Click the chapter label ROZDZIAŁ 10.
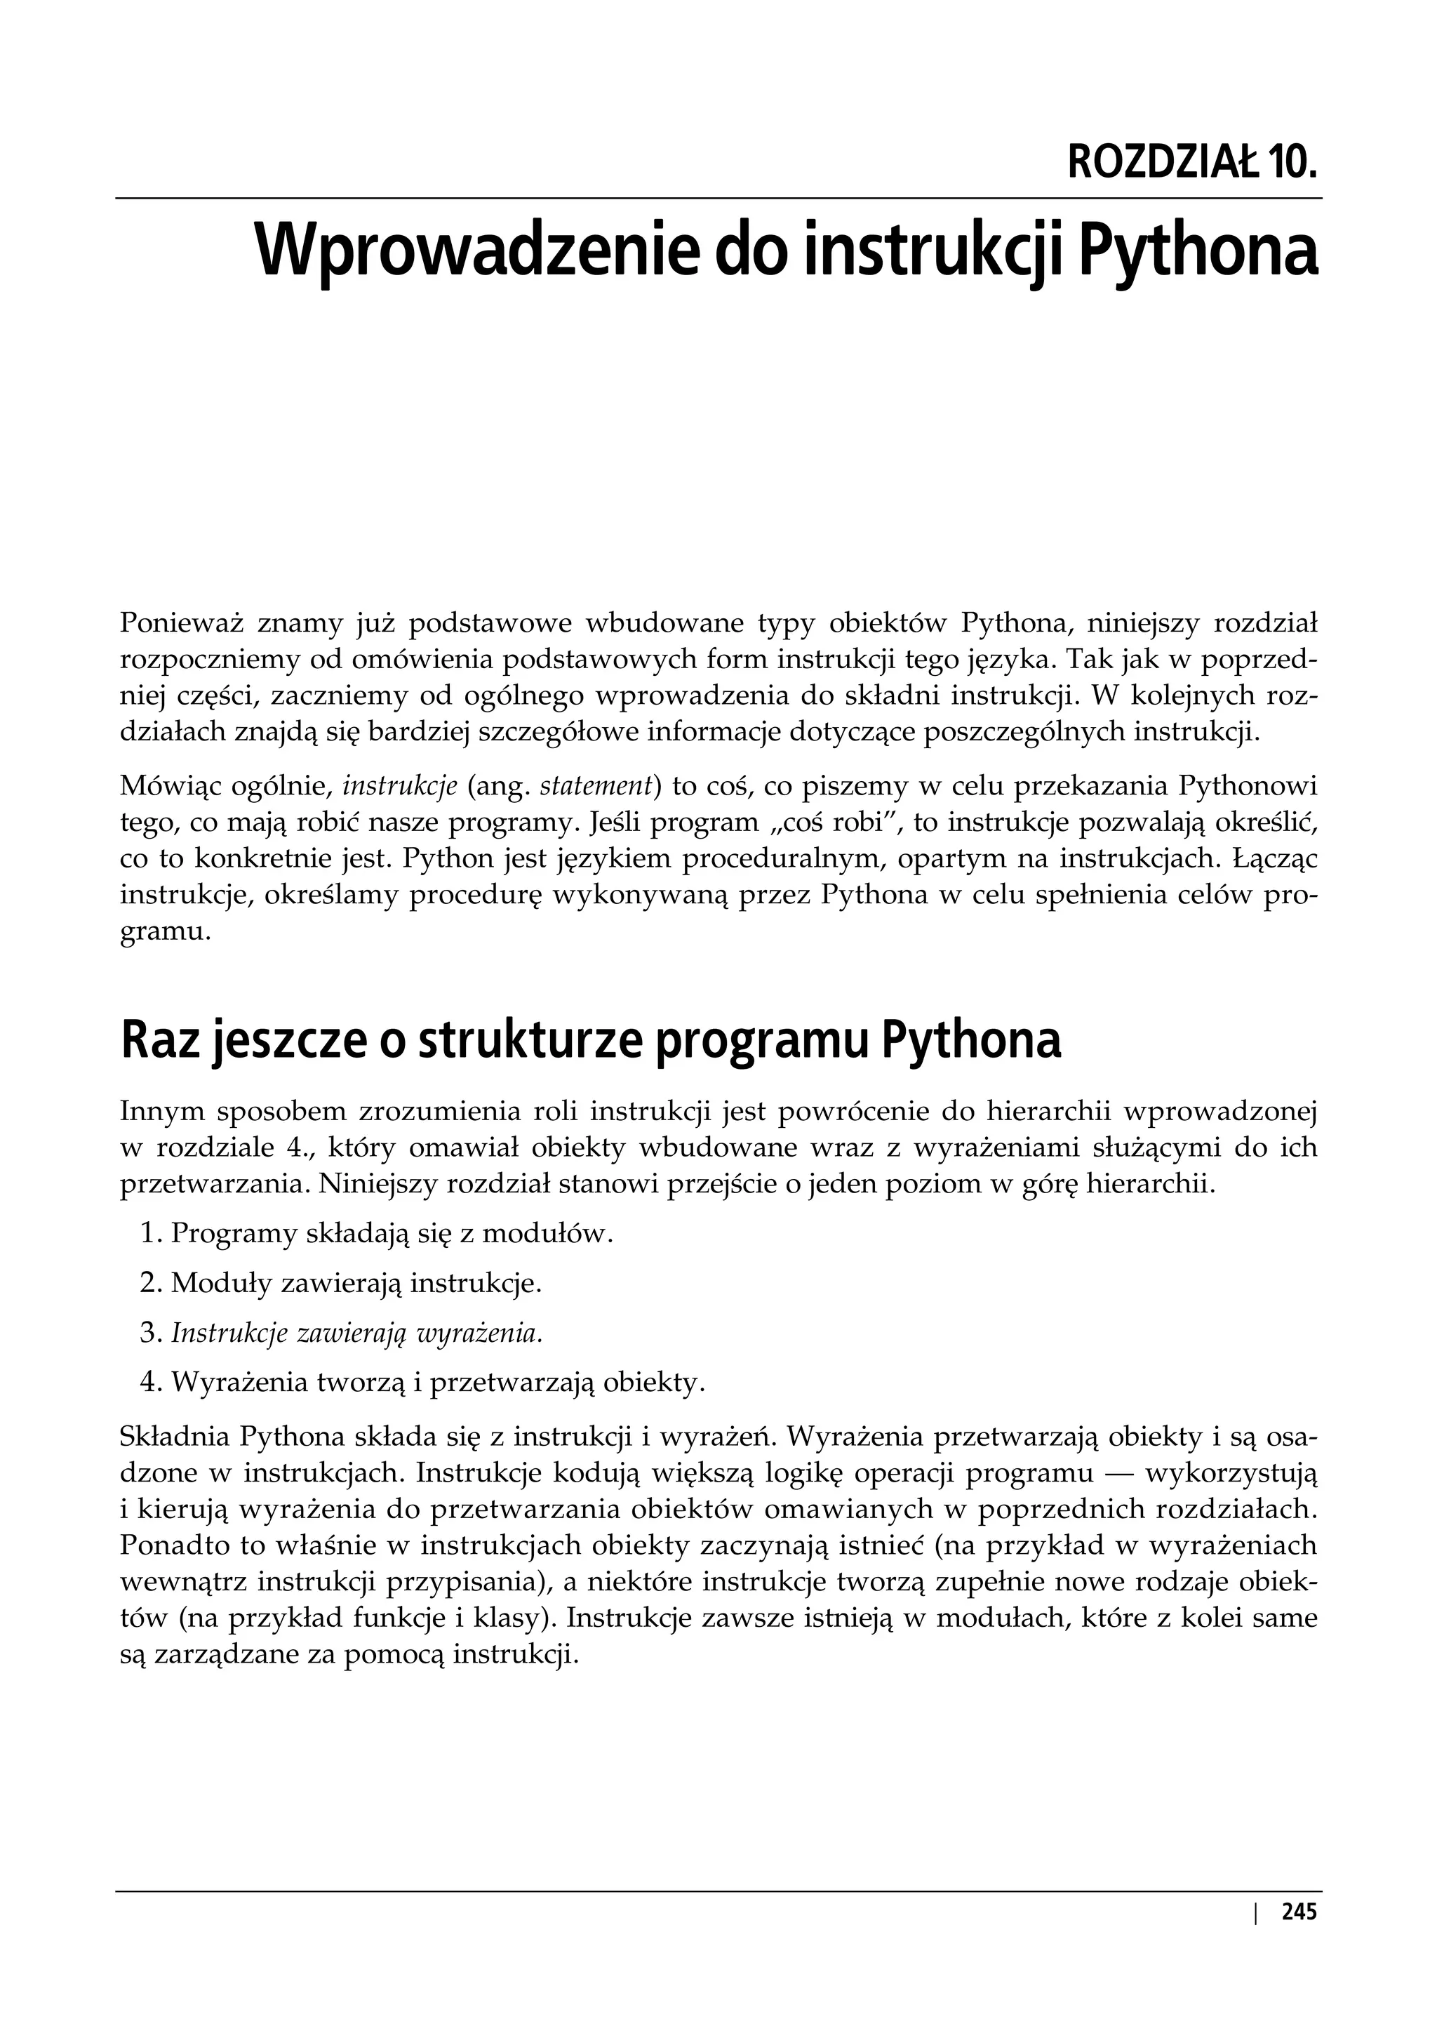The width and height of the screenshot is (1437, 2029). pos(1192,162)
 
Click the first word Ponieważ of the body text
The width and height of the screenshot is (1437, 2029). pos(182,624)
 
